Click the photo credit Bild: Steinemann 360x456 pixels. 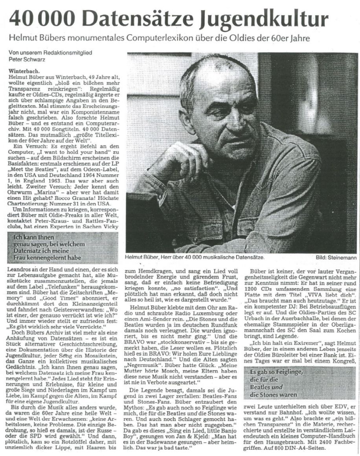(336, 258)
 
